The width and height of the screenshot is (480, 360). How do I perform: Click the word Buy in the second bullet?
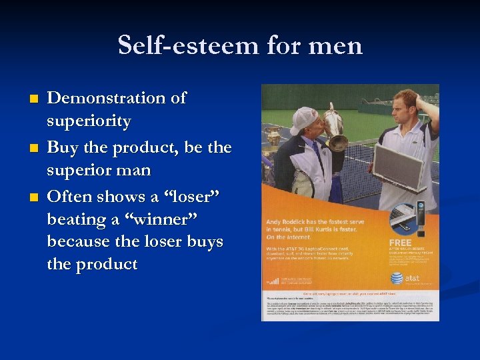(x=63, y=147)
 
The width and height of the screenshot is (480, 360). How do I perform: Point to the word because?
(x=80, y=241)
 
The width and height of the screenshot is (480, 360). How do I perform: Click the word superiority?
(x=89, y=121)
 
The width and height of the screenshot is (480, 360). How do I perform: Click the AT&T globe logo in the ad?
(x=397, y=277)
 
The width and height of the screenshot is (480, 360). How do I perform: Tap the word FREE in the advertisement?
(x=401, y=242)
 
